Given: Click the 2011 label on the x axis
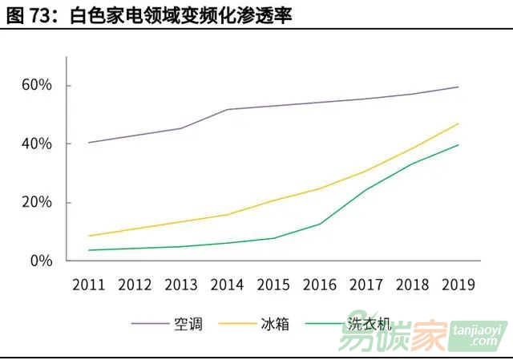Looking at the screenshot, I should [90, 285].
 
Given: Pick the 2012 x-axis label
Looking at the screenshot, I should [135, 285].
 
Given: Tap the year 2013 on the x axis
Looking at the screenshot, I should [182, 285].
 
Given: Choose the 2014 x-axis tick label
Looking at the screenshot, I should [228, 285].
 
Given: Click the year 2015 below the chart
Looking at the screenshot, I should [274, 285].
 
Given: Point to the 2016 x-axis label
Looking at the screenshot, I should [320, 285].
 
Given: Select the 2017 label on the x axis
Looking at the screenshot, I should [366, 285].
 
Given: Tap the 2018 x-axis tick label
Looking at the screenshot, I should [412, 285].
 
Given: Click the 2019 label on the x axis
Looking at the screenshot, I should [458, 285].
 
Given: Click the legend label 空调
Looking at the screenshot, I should [188, 324].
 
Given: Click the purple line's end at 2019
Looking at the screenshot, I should [458, 87].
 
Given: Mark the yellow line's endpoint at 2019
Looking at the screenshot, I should [458, 123].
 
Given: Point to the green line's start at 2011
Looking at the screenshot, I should [90, 250].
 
